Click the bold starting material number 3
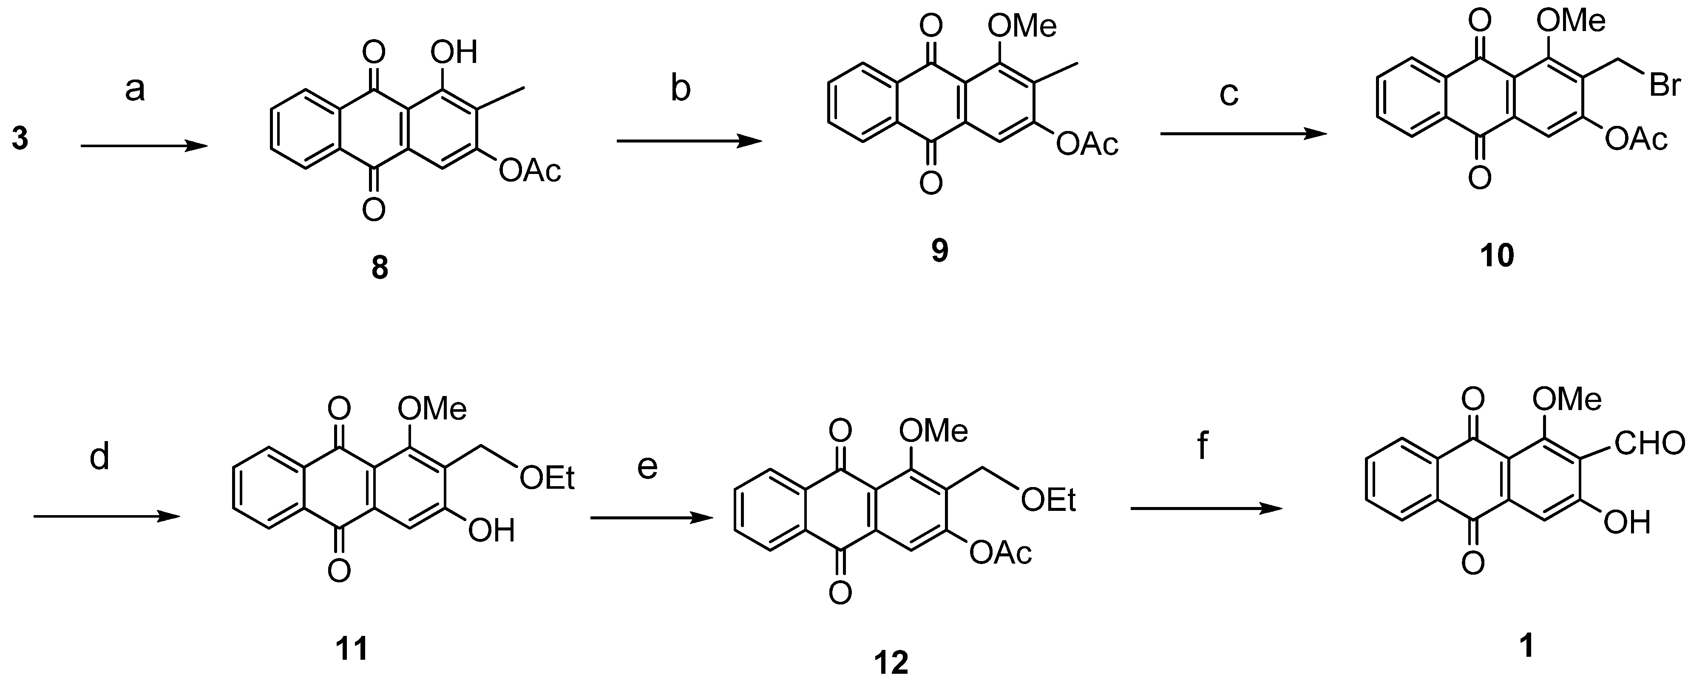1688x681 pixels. (20, 140)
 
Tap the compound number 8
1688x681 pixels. (380, 268)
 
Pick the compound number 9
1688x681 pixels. (940, 251)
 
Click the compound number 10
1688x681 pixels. (1497, 255)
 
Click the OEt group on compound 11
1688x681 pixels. (547, 479)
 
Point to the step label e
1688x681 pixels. (647, 468)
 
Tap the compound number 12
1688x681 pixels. (892, 663)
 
